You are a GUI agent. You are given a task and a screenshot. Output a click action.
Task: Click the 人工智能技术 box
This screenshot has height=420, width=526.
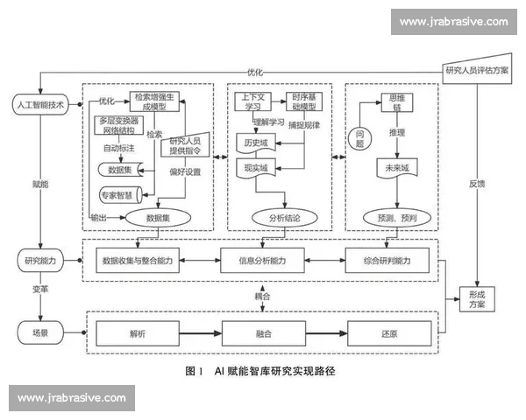(x=40, y=105)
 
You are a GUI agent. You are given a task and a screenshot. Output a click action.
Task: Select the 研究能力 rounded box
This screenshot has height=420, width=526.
(x=40, y=260)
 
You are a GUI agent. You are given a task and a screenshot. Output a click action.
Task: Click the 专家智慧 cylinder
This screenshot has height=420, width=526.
(x=121, y=195)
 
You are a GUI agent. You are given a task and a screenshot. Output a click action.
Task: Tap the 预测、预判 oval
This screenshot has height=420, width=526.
(x=392, y=217)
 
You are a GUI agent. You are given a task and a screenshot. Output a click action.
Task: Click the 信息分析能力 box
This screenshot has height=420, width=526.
(x=274, y=260)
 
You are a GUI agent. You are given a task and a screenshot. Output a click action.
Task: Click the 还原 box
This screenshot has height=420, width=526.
(x=389, y=333)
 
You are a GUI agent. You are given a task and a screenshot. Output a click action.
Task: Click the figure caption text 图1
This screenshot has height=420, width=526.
(x=195, y=372)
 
